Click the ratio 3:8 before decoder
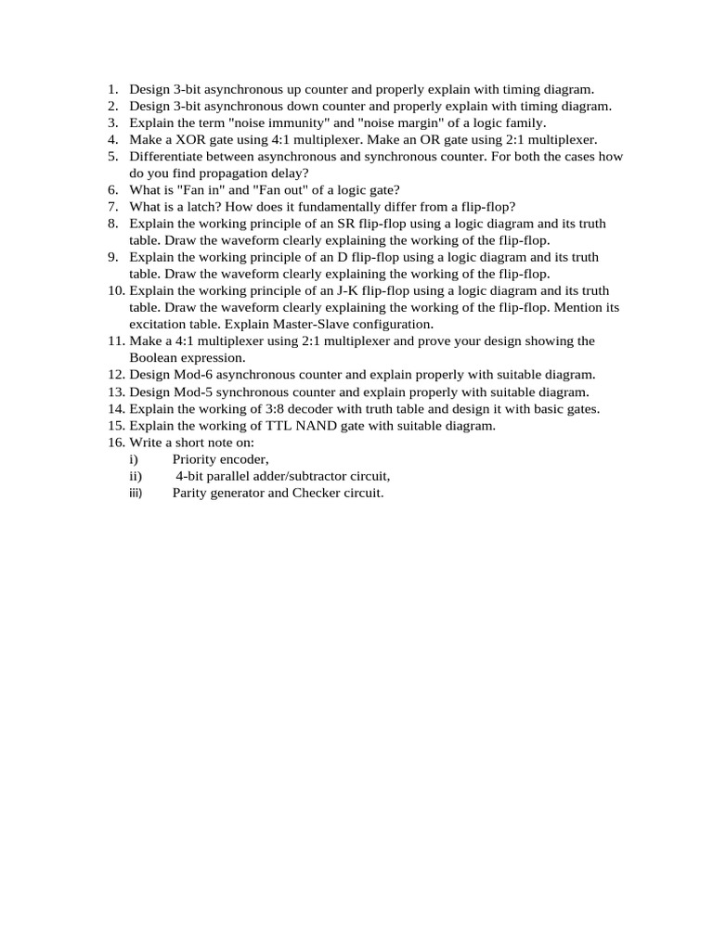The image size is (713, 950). click(x=265, y=408)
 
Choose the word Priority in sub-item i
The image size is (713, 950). click(x=197, y=459)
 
